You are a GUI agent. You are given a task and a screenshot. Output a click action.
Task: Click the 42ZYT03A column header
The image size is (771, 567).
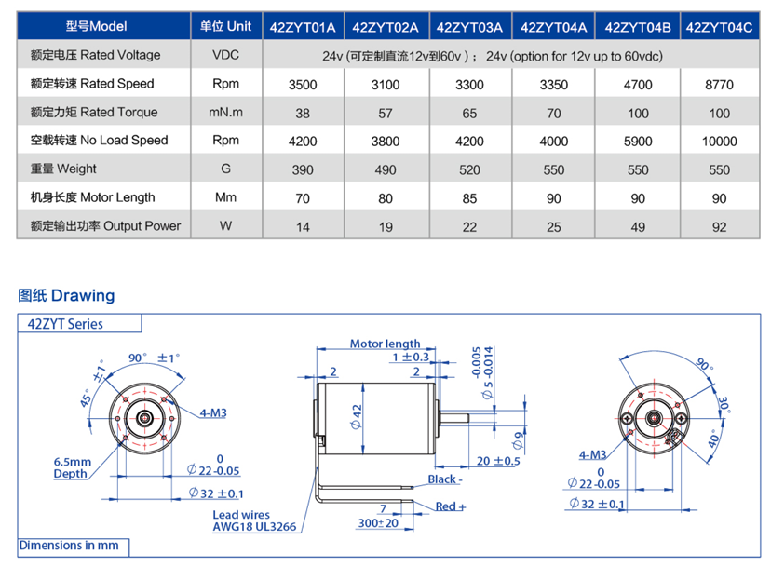470,26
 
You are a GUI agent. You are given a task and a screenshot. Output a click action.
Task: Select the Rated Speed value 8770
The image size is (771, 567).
719,84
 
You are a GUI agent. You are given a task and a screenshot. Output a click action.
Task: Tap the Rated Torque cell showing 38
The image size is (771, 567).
303,113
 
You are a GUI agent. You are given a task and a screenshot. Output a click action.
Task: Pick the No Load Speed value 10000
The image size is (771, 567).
719,142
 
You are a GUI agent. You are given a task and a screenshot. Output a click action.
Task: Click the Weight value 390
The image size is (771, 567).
303,169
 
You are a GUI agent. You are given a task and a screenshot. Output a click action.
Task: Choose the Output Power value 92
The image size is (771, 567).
719,226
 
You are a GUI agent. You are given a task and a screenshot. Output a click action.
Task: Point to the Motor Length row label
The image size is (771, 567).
93,197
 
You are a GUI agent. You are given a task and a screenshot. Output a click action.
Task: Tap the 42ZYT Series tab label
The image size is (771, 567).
66,324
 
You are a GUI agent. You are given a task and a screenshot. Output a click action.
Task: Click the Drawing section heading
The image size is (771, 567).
67,296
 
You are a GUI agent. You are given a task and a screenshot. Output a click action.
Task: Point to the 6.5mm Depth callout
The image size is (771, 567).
73,467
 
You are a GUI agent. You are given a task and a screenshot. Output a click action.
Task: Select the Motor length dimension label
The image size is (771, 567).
385,344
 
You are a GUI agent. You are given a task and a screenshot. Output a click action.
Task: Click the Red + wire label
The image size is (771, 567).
451,506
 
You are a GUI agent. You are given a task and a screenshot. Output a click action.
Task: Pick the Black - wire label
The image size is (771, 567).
444,479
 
